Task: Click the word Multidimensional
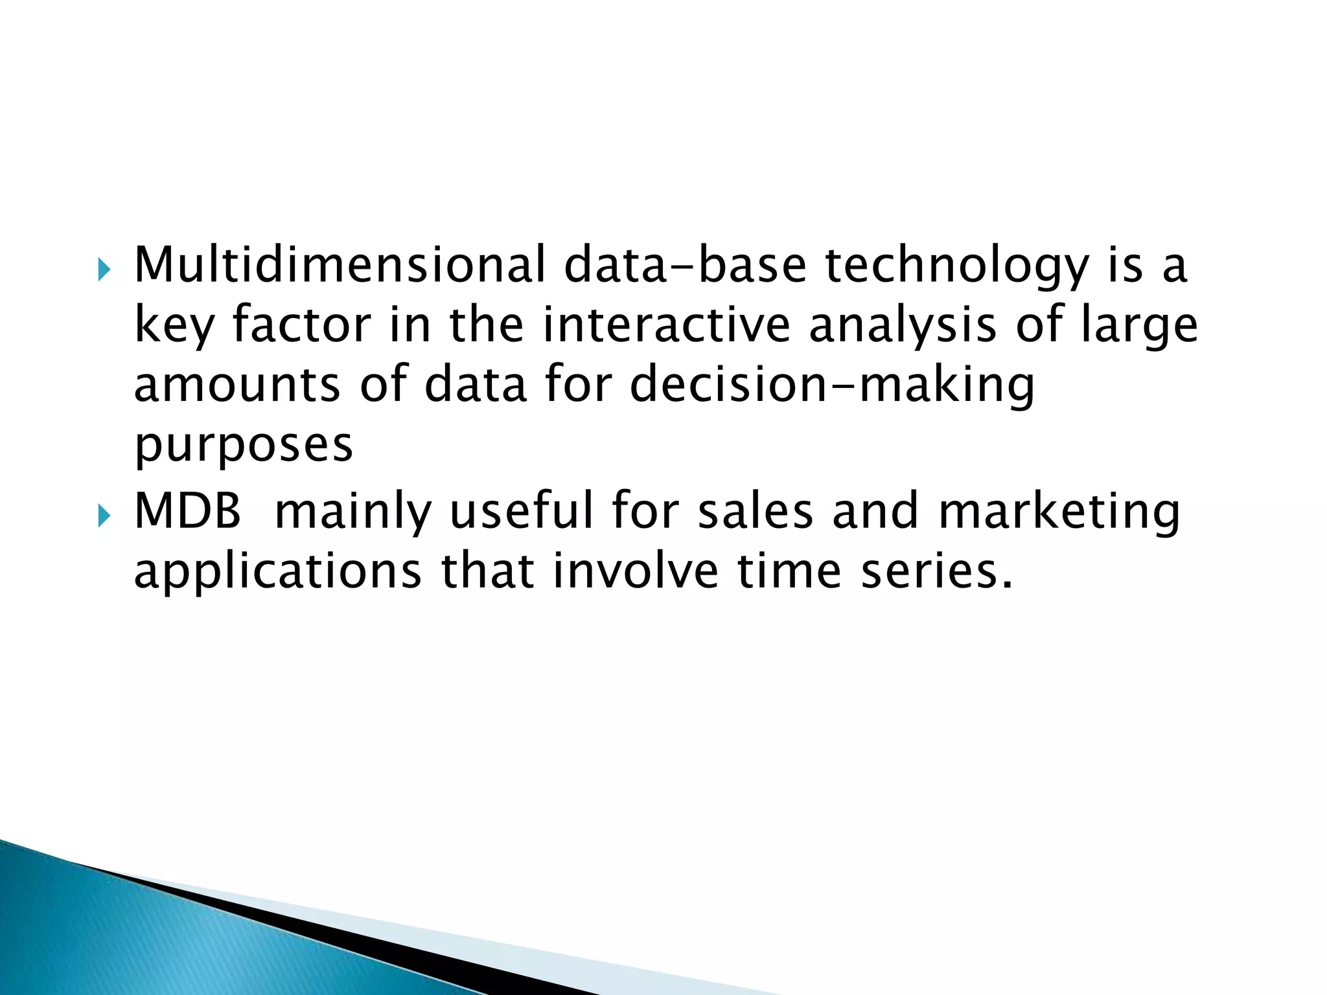(340, 265)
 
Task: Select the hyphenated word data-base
(686, 265)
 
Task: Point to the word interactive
(667, 325)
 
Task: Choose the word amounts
(237, 385)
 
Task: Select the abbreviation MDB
(188, 511)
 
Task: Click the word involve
(635, 571)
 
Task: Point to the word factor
(302, 325)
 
